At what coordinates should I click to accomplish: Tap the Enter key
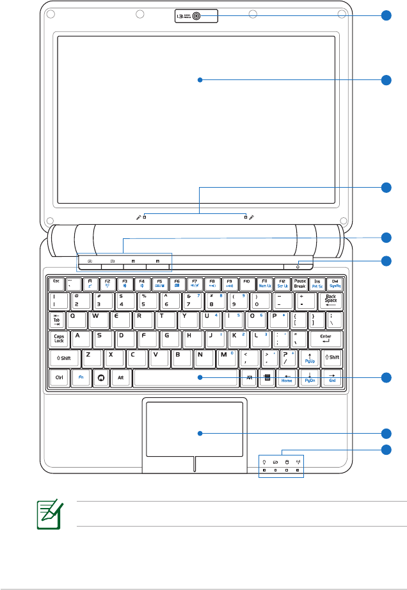point(325,340)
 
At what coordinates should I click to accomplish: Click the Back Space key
point(331,300)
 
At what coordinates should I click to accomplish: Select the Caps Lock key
point(59,340)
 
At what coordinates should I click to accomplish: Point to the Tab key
point(58,320)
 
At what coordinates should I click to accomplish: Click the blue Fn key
point(81,378)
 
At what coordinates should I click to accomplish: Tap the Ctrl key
point(59,378)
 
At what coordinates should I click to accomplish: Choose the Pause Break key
point(300,283)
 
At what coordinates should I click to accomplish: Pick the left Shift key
point(65,359)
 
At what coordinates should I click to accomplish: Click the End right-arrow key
point(332,378)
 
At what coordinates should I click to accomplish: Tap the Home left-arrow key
point(287,378)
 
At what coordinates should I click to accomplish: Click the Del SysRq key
point(335,283)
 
